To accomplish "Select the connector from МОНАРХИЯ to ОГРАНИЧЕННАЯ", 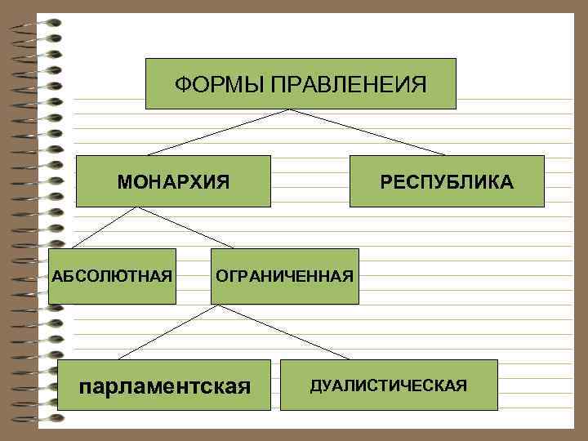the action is (185, 227).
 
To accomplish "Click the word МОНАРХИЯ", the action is (173, 181).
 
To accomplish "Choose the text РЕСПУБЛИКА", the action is (447, 181).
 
